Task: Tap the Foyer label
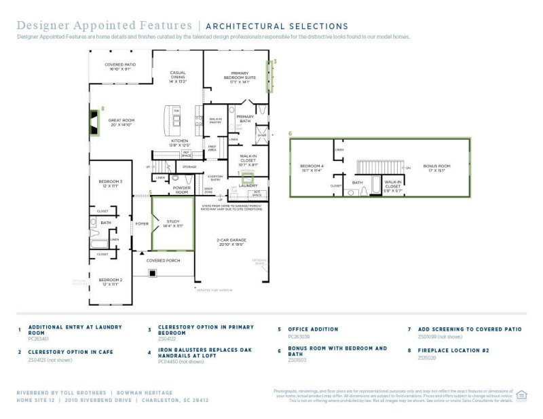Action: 141,223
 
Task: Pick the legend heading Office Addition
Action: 313,329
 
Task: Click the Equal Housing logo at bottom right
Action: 522,395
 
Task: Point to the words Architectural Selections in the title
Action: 276,26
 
